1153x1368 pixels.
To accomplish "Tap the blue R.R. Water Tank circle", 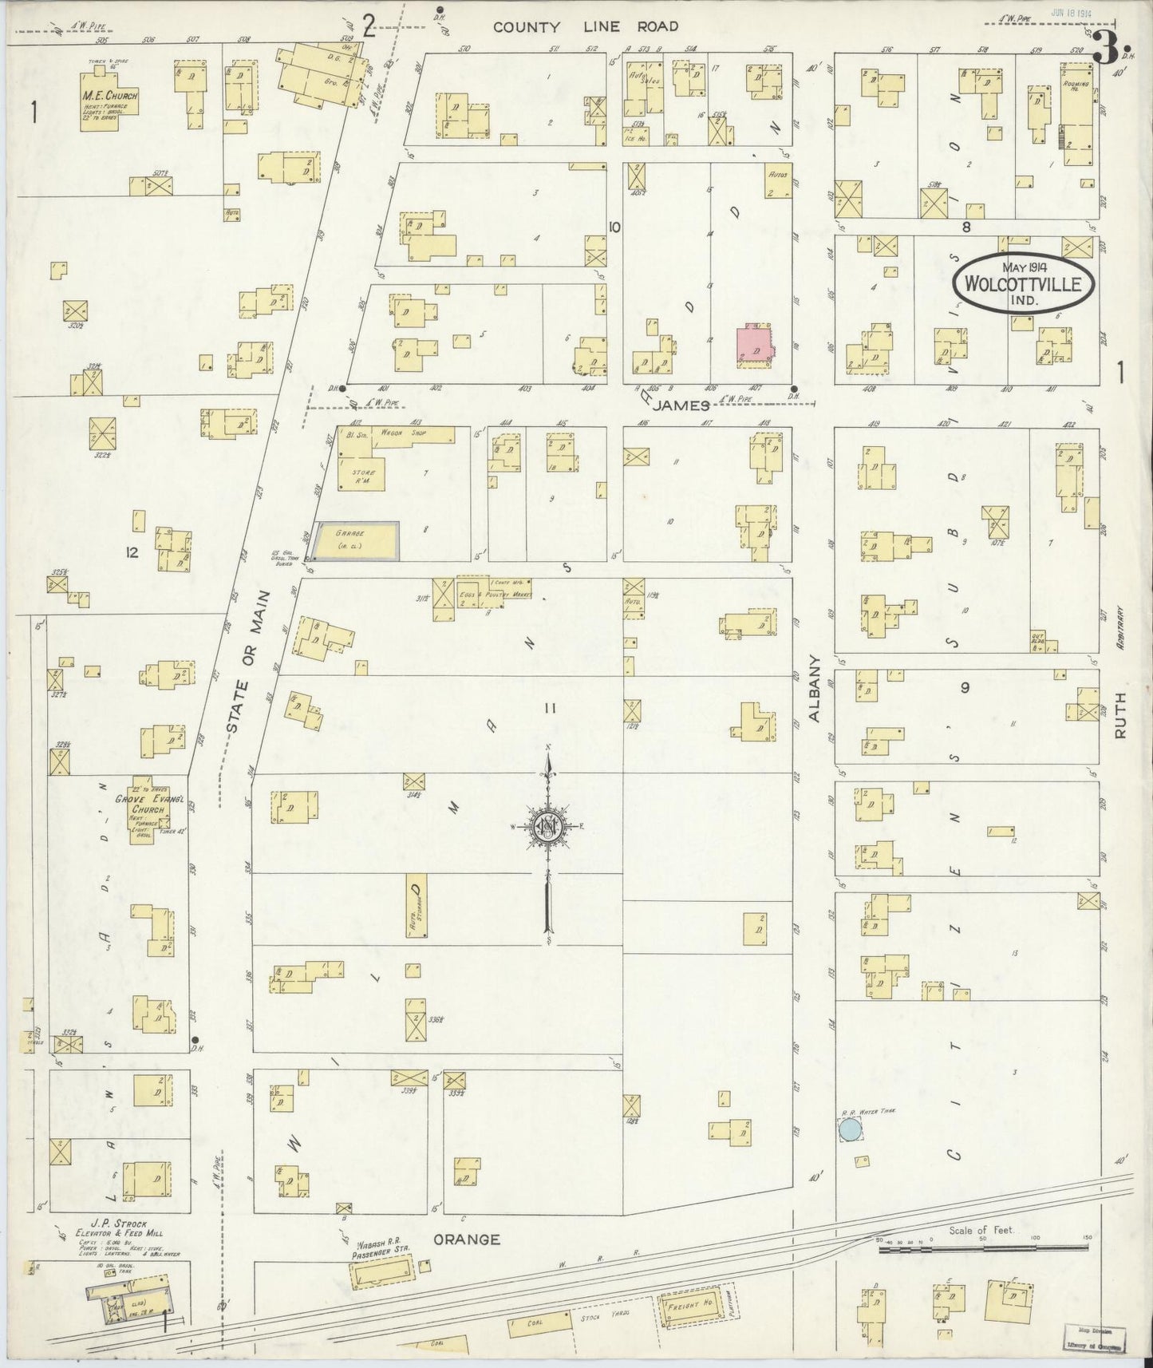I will (850, 1129).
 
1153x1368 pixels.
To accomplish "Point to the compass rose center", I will (549, 826).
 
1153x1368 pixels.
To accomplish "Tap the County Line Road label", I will (585, 26).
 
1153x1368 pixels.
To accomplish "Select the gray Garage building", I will (357, 541).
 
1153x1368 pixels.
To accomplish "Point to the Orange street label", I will (467, 1239).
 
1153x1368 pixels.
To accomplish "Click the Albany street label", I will (815, 689).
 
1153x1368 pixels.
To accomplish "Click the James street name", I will (683, 405).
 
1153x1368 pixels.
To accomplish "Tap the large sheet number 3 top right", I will (1105, 50).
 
